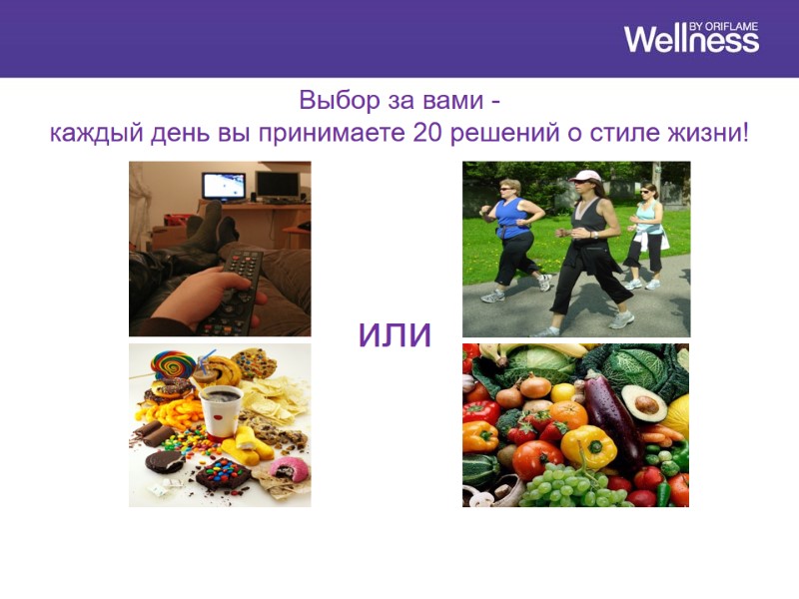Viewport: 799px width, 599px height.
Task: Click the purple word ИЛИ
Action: coord(396,335)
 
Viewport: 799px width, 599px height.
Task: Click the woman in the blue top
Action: coord(512,235)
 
